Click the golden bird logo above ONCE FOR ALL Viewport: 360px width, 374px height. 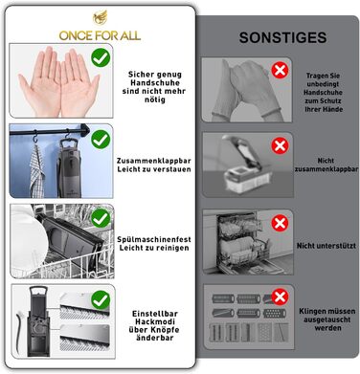[100, 18]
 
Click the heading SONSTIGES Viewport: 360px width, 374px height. [282, 37]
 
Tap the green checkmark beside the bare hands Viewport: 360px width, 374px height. [101, 57]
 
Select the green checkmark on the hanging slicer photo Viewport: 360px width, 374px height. [101, 139]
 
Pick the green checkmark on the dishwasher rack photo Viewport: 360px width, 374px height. [101, 218]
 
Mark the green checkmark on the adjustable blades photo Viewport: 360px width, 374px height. [101, 299]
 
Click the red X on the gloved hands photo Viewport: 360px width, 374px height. [280, 71]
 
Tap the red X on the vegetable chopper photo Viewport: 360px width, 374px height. [280, 146]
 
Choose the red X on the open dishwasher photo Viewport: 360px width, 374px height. [280, 223]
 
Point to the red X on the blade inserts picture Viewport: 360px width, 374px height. [280, 297]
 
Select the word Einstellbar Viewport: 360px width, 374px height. [155, 314]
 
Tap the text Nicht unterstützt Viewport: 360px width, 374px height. [326, 246]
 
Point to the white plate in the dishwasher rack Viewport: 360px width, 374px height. [27, 237]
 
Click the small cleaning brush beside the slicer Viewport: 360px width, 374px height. [19, 332]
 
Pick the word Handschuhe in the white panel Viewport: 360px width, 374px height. [155, 83]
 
